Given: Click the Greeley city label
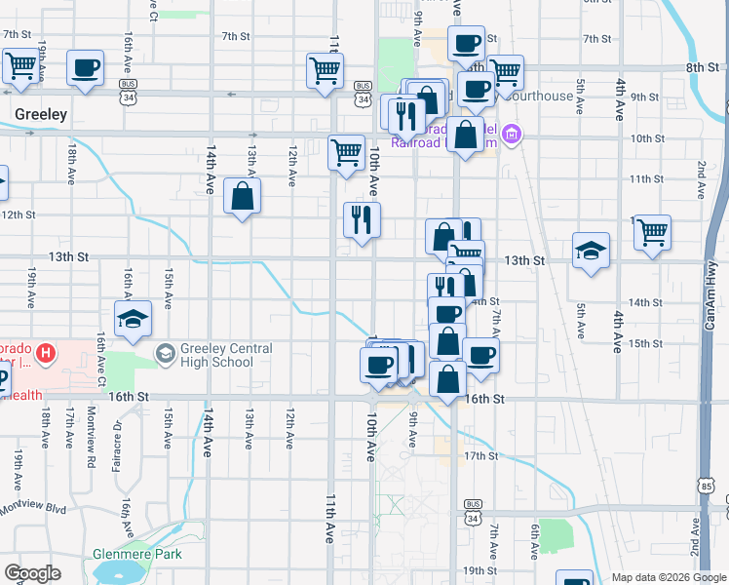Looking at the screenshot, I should tap(41, 114).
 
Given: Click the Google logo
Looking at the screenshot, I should tap(32, 572).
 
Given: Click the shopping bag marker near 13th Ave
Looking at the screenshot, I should tap(242, 197).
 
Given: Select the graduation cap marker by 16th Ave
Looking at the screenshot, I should tap(134, 319).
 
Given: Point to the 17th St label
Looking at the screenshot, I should tap(480, 455).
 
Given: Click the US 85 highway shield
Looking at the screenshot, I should tap(705, 484).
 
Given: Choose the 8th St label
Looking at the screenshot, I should tap(701, 67).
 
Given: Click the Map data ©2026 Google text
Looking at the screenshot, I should tap(668, 577).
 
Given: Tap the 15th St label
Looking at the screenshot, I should tap(644, 344).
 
